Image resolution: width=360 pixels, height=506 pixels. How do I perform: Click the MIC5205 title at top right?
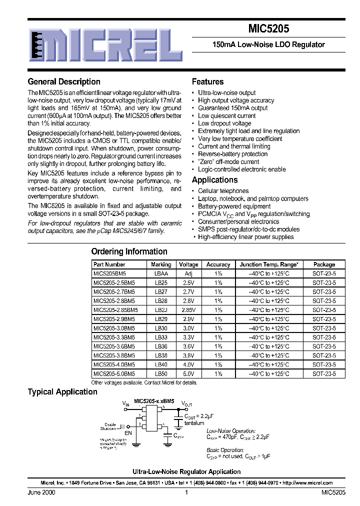269,29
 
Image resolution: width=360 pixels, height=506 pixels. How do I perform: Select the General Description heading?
64,82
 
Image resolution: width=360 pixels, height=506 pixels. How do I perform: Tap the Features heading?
207,82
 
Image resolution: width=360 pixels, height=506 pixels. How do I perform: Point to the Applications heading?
214,180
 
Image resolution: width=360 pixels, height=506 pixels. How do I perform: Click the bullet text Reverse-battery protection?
233,154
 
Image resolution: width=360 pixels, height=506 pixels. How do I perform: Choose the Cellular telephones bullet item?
223,191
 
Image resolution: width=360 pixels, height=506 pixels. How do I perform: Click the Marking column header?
161,264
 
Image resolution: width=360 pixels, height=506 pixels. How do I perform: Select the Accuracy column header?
218,264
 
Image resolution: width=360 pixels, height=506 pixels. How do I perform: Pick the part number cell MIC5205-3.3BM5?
114,337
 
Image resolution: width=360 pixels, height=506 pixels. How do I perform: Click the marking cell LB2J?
161,310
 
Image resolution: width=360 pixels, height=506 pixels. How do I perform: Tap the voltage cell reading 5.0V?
188,373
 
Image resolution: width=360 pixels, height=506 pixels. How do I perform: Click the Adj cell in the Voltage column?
188,273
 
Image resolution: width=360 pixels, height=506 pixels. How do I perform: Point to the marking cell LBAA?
161,273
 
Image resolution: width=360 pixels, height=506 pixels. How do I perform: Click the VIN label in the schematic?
125,402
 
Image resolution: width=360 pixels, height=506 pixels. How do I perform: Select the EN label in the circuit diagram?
128,432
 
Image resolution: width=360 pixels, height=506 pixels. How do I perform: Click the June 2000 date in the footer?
41,492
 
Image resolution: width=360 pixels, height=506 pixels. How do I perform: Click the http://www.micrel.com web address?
307,483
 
